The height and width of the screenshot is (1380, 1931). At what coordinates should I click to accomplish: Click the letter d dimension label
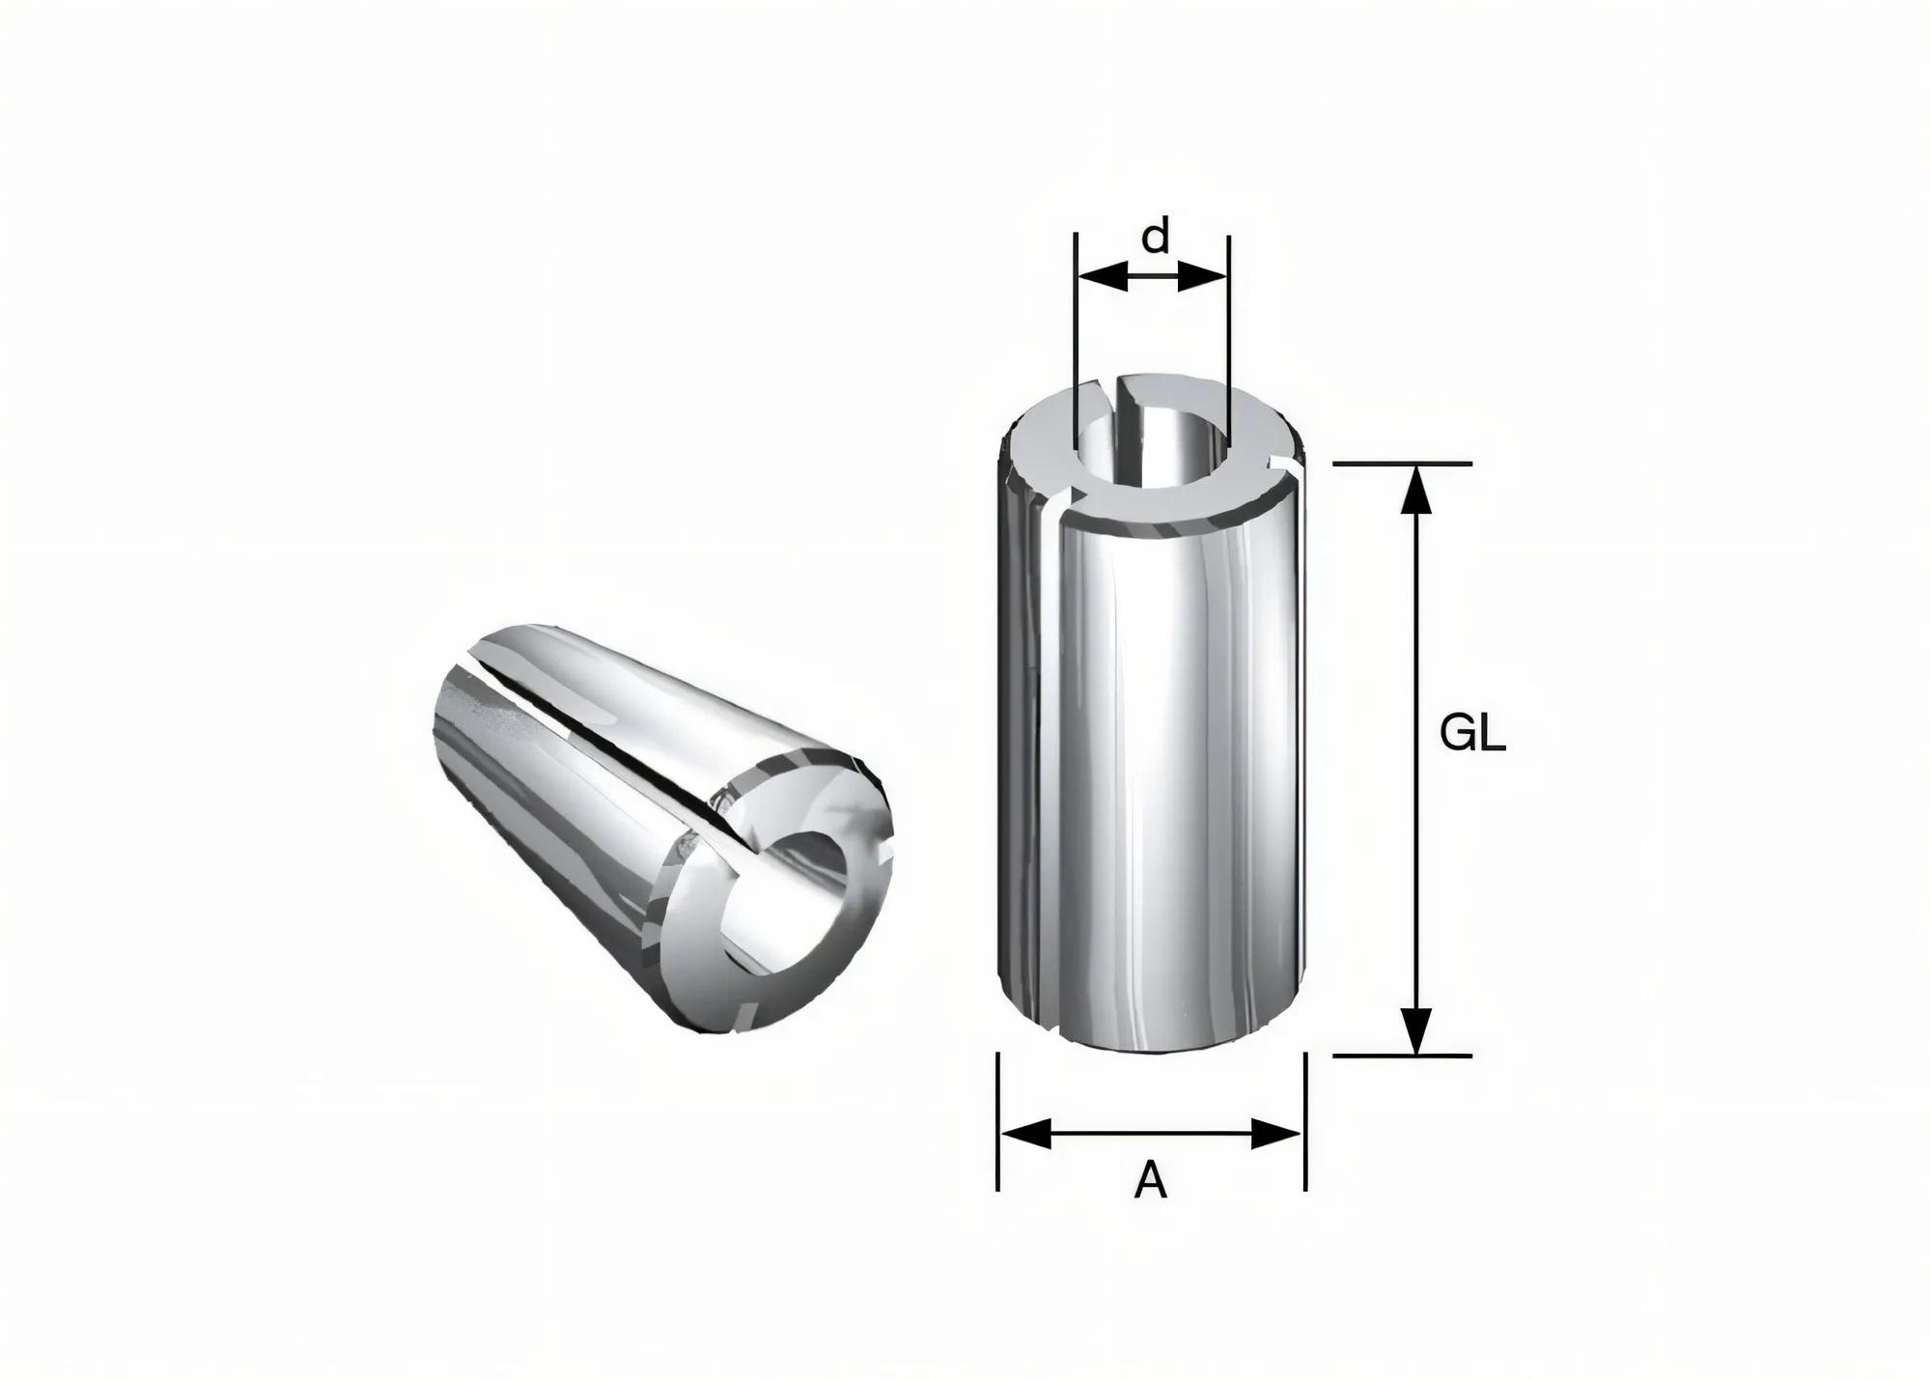tap(1155, 237)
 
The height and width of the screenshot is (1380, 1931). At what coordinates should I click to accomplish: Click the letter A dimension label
tap(1150, 1180)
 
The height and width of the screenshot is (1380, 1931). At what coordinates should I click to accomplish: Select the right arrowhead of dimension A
tap(1276, 1134)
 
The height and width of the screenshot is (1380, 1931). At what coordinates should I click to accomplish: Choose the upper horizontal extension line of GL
tap(1403, 465)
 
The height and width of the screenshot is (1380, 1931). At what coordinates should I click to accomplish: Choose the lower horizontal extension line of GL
tap(1403, 1056)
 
